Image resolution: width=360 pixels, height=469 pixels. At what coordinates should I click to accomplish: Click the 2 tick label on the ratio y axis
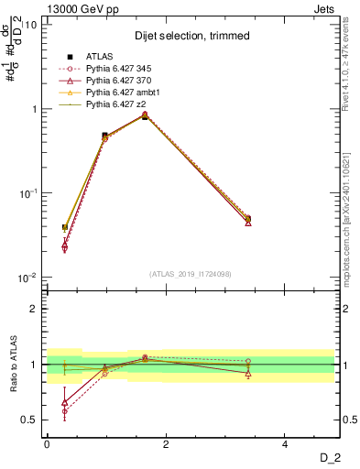click(x=35, y=309)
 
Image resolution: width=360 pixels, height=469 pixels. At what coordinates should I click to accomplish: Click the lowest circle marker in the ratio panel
click(x=64, y=411)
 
